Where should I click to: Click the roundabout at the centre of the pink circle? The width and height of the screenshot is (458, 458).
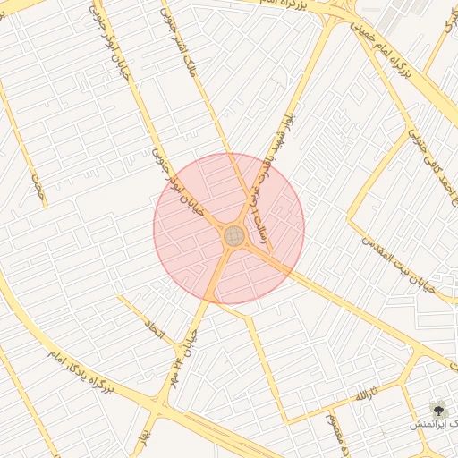tap(234, 236)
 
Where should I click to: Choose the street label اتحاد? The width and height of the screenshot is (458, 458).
tap(155, 333)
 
